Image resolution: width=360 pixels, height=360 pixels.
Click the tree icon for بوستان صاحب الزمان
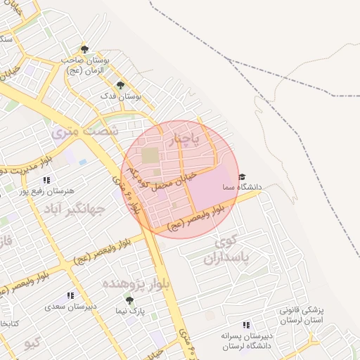[84, 49]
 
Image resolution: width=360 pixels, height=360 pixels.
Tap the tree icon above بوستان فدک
[120, 84]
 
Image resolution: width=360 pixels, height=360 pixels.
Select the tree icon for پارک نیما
[128, 299]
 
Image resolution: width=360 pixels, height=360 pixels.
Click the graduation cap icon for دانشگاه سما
[242, 177]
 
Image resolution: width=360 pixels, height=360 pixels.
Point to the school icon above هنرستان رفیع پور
[46, 180]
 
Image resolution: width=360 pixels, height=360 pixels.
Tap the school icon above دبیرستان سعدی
[70, 296]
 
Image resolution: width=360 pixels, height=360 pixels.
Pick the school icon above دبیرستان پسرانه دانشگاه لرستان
[246, 325]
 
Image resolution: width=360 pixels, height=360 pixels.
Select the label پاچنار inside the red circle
[186, 139]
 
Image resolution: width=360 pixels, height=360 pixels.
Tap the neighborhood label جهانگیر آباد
[75, 209]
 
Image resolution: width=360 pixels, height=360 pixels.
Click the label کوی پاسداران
[227, 250]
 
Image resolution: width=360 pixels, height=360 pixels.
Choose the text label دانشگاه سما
[241, 188]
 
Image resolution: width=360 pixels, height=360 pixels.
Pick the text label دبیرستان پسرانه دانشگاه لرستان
[245, 341]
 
